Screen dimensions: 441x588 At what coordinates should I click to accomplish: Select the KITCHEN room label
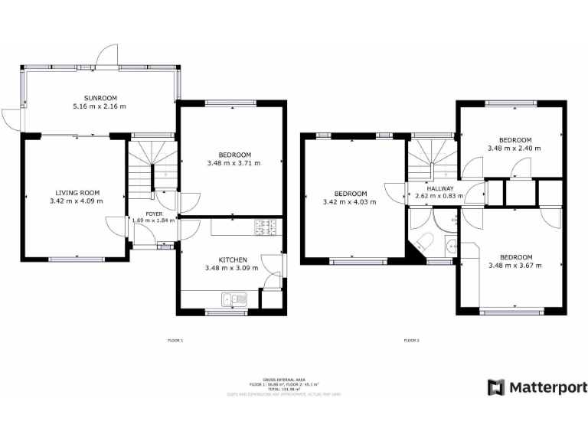231,260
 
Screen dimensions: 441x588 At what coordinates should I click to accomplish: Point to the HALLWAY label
440,188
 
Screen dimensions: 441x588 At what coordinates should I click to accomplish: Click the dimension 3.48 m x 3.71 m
234,163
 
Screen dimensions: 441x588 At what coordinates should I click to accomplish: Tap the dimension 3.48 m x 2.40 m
514,149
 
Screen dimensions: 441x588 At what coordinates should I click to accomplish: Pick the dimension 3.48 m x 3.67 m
514,266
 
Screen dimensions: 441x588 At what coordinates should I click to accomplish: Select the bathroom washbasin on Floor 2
452,246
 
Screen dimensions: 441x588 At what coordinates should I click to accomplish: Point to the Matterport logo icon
496,387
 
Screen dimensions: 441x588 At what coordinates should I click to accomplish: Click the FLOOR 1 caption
175,340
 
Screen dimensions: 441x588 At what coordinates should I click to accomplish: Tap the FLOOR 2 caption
411,340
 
